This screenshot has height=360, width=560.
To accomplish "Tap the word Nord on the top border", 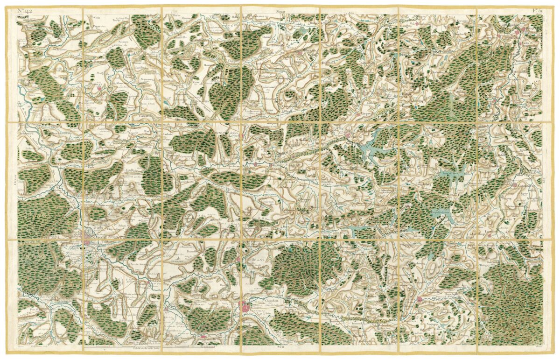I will coord(280,10).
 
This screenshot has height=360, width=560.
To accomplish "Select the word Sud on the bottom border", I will coord(280,348).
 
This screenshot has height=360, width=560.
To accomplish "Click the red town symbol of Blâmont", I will coord(420,299).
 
